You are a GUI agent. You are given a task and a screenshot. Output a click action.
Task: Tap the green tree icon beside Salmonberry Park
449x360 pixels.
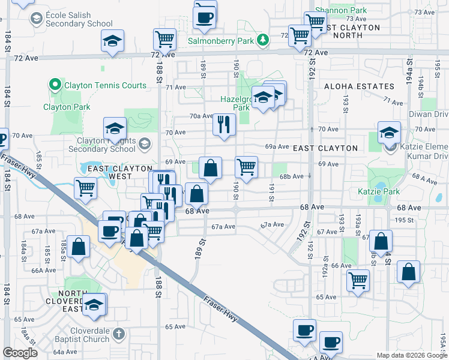(x=262, y=40)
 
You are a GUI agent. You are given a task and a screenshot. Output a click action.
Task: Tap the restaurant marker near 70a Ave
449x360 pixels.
(x=224, y=125)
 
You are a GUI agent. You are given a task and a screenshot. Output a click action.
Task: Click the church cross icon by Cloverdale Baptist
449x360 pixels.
(x=119, y=334)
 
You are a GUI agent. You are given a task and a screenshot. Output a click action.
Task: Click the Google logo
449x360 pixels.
(x=20, y=353)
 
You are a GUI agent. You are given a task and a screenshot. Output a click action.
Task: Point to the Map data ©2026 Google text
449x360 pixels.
(x=411, y=355)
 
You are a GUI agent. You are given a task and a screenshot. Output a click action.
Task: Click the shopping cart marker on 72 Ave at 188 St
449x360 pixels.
(x=164, y=40)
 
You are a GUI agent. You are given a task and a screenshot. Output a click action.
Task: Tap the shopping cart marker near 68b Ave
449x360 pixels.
(x=246, y=167)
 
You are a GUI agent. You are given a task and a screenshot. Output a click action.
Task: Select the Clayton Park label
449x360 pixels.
(x=67, y=107)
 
